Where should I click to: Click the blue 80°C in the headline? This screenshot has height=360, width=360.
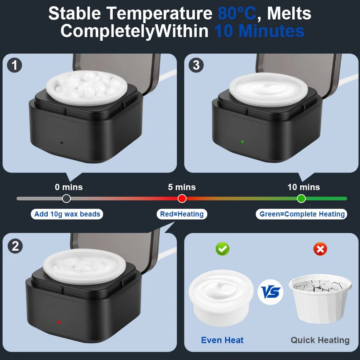237,13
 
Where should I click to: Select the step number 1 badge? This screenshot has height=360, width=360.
14,65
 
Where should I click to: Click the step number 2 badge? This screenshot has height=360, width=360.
15,246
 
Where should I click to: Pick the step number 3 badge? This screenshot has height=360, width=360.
196,65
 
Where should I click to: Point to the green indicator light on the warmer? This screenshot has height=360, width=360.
243,142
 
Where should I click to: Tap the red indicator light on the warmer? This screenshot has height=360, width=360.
59,322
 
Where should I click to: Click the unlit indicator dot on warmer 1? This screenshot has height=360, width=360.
62,143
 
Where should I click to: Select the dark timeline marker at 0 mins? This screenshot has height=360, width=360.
66,199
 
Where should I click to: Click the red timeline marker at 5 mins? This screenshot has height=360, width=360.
182,199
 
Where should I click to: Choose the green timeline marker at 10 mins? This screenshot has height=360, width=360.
301,199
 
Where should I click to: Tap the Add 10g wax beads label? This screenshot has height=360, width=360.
67,214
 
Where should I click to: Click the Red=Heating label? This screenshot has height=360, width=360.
182,214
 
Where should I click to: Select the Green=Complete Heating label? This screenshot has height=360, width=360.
301,214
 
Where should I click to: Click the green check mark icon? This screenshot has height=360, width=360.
222,249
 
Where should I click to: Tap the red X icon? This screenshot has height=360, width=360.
320,249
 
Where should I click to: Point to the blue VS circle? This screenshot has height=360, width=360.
270,292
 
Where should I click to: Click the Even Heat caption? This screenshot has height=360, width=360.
222,340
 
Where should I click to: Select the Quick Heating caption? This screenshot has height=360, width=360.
320,340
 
